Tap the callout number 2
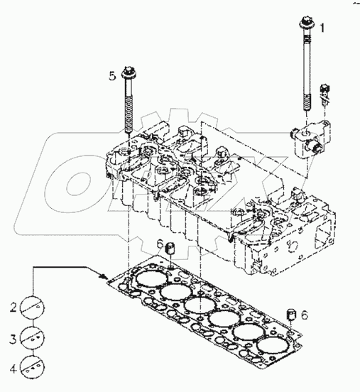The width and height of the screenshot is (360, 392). (x=13, y=307)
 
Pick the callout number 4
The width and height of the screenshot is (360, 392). (x=13, y=368)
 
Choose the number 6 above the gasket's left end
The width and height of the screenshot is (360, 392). (x=161, y=244)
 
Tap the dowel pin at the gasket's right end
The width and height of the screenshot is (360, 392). (x=290, y=314)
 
